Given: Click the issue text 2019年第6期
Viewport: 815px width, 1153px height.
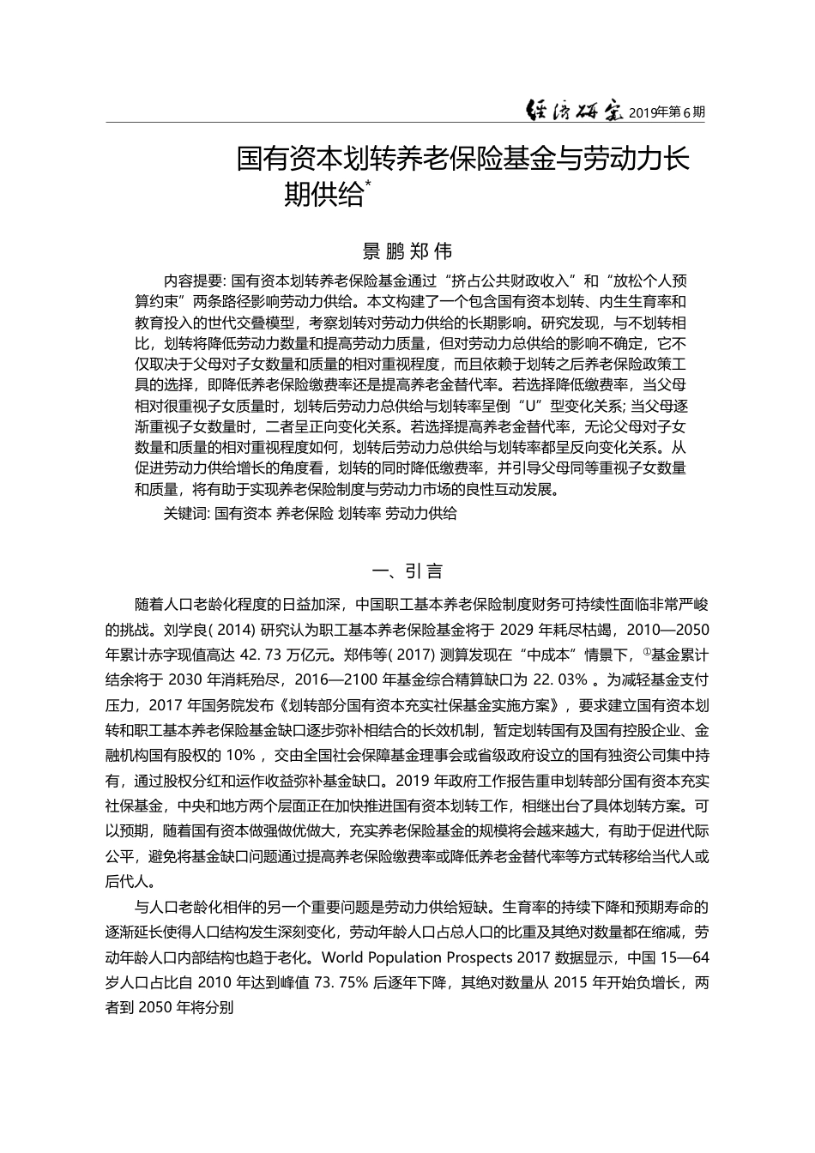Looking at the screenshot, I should coord(667,112).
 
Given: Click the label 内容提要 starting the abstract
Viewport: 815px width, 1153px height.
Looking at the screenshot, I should coord(193,281).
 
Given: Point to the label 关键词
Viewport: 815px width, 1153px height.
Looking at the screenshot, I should coord(184,514).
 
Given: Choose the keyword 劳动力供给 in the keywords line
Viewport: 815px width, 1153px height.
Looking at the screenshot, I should coord(421,514).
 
